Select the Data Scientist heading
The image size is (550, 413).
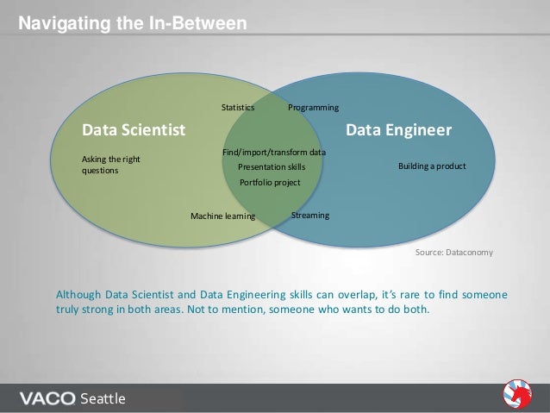click(x=133, y=131)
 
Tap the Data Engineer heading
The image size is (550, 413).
click(x=398, y=131)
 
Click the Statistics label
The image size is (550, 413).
click(x=238, y=108)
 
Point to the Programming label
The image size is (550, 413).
click(x=313, y=108)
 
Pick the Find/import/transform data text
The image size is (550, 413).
click(x=274, y=152)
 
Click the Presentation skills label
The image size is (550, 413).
click(x=272, y=166)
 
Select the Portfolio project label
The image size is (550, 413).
click(x=270, y=182)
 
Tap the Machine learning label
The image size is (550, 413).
click(x=222, y=216)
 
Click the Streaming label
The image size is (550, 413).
click(x=310, y=214)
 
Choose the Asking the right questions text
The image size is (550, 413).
click(x=111, y=165)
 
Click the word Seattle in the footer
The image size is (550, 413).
click(x=103, y=398)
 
